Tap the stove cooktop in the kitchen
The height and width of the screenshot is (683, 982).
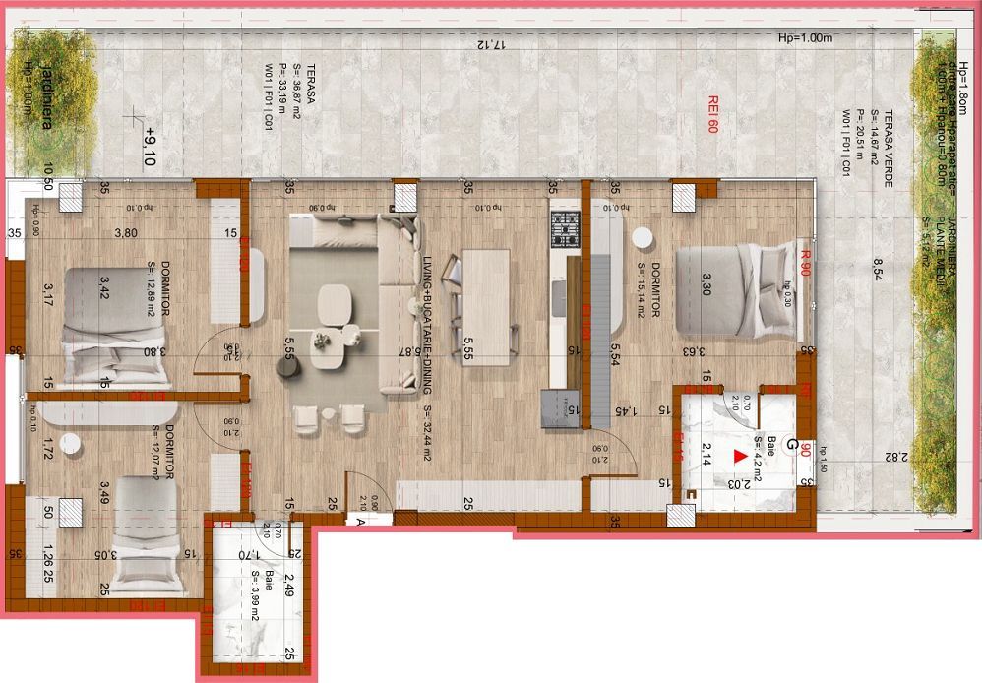[x=566, y=228]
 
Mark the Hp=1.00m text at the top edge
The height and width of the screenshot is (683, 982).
[x=805, y=37]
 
